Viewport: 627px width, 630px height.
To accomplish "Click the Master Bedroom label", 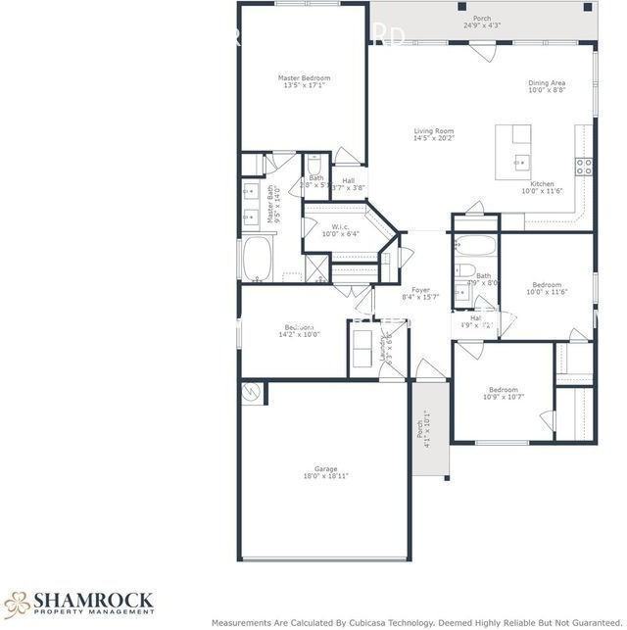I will click(304, 77).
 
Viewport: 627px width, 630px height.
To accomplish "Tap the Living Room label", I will click(433, 131).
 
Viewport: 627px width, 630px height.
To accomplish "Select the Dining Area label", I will click(547, 83).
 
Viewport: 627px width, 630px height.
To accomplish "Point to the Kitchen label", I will click(542, 183).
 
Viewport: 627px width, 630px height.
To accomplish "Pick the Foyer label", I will click(420, 290).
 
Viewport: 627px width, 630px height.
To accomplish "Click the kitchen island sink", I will click(519, 161).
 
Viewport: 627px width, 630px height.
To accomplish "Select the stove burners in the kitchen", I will click(584, 164).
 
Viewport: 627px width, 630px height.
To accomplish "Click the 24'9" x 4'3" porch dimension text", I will click(482, 25).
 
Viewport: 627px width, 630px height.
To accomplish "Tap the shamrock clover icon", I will click(17, 603).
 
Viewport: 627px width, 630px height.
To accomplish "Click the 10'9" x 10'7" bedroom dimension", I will click(504, 397).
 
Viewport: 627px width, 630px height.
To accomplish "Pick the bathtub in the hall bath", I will click(475, 244).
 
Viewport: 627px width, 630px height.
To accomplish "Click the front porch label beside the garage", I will click(421, 431).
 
